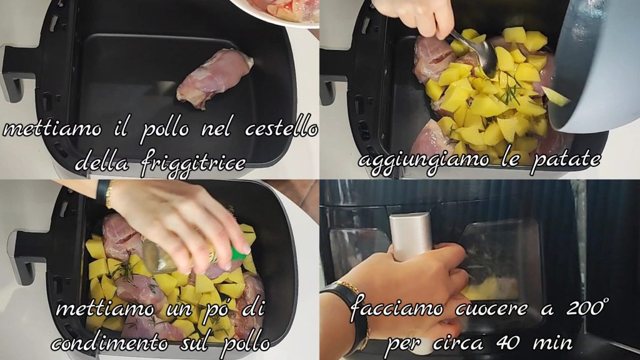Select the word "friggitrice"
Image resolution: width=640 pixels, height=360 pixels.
[x=194, y=164]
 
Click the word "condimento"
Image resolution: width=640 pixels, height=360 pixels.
[x=109, y=343]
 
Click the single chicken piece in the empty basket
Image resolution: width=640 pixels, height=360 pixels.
[x=215, y=77]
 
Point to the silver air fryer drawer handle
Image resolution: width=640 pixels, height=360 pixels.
[x=410, y=237]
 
